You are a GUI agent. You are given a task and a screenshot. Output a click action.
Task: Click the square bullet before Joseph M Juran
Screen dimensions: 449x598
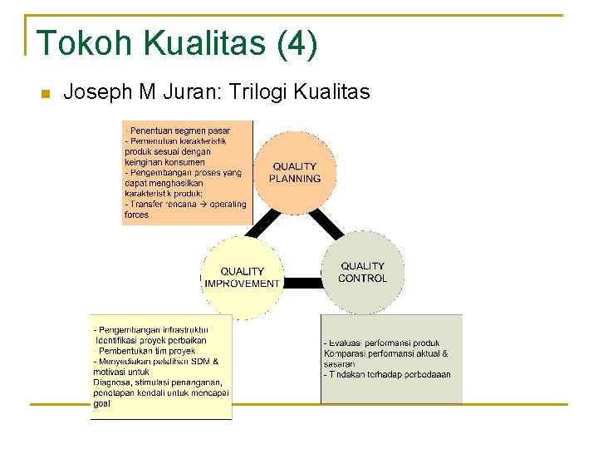coord(46,93)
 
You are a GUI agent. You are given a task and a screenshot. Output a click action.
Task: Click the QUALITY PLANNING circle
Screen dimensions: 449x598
coord(295,172)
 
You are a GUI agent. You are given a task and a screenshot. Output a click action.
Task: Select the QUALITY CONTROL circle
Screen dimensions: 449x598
coord(363,272)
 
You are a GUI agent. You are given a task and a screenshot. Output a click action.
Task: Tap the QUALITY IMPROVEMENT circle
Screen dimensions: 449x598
coord(242,277)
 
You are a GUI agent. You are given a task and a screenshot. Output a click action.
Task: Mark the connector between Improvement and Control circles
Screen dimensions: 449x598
coord(302,283)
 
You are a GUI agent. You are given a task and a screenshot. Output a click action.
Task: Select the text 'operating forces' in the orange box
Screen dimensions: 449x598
coord(137,215)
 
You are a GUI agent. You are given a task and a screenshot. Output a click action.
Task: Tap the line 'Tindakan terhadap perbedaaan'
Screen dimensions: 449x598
coord(388,374)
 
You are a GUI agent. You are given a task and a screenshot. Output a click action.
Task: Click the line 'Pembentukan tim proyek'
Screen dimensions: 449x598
coord(145,351)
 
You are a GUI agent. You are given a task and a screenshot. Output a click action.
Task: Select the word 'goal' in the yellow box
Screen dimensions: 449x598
coord(101,403)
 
